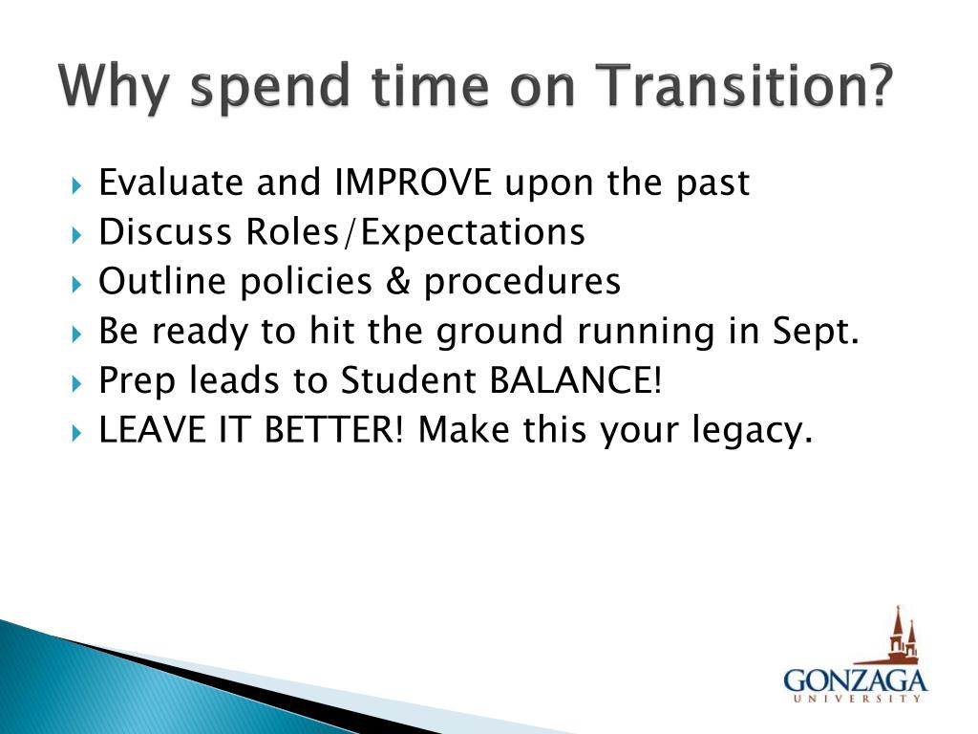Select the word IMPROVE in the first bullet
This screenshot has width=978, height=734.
pos(413,183)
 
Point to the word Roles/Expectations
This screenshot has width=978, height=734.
pos(415,232)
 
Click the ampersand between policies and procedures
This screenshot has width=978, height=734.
pos(398,281)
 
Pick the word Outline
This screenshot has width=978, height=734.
pos(162,281)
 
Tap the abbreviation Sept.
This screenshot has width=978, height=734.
pos(817,332)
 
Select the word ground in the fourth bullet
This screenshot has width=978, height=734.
pos(500,332)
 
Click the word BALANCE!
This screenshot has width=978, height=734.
pos(575,379)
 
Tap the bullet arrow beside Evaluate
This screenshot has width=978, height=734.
pos(76,185)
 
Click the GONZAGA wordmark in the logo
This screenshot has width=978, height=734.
pos(855,680)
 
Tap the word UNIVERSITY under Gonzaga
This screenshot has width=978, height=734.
pos(857,699)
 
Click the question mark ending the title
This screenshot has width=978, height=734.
pos(880,85)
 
